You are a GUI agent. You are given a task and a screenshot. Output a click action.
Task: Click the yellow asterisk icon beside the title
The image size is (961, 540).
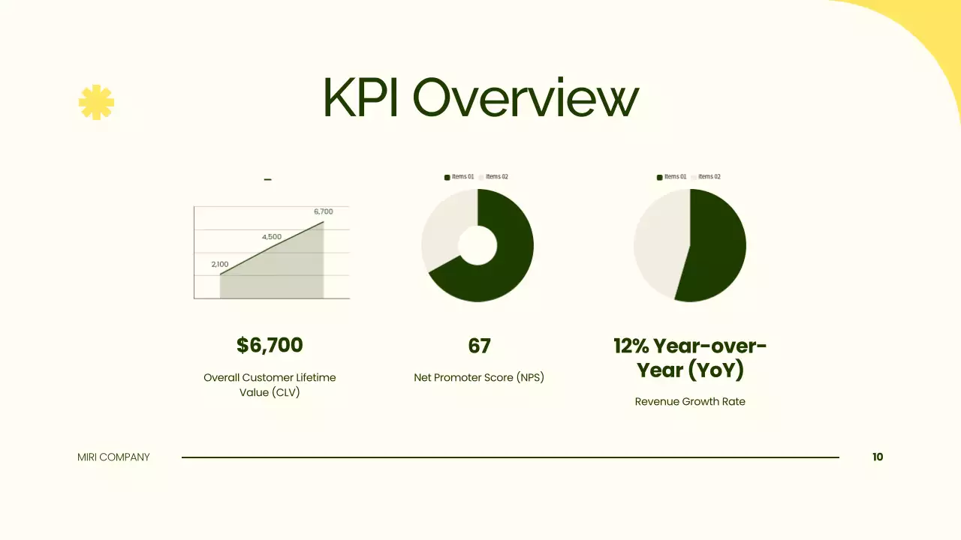tap(96, 102)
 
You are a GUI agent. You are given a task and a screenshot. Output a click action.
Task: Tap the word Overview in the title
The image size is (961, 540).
tap(526, 98)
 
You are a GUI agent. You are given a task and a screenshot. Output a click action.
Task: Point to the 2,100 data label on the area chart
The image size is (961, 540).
tap(220, 264)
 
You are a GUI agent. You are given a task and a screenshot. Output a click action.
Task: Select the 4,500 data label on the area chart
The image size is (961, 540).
tap(272, 237)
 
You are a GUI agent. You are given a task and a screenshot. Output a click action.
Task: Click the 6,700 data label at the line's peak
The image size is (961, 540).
tap(324, 211)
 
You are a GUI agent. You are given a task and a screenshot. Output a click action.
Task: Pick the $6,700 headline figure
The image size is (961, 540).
tap(270, 345)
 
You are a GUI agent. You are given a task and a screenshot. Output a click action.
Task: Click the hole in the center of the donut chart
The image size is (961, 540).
tap(477, 245)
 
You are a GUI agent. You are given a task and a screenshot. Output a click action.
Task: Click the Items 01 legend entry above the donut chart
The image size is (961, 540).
tap(459, 177)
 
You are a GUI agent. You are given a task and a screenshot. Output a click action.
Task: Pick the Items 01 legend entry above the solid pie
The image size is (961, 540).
tap(672, 177)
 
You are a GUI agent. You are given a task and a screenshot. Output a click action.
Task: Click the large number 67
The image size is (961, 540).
tap(479, 346)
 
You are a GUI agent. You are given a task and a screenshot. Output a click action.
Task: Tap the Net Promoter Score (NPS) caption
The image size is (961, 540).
tap(479, 377)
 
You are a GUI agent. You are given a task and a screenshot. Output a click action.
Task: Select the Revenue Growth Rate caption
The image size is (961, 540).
tap(690, 401)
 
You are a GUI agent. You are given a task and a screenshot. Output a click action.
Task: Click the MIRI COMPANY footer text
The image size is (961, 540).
tap(113, 457)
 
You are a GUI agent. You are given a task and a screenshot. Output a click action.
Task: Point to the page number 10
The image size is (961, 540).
tap(878, 457)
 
